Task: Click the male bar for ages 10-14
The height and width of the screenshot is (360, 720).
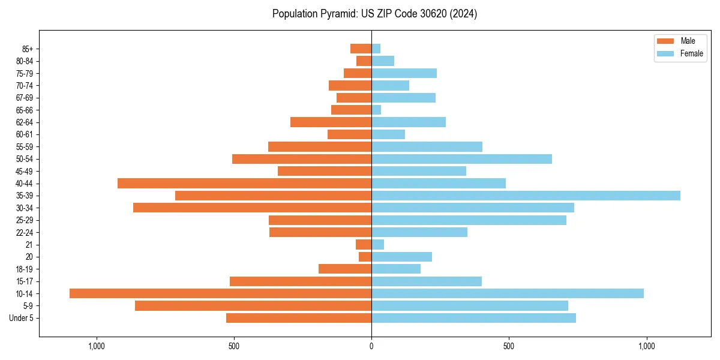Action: (220, 293)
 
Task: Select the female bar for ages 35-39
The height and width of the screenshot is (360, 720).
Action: (526, 196)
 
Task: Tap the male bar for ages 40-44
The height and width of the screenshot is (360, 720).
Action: (244, 183)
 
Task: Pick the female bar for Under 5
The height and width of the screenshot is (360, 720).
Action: (473, 318)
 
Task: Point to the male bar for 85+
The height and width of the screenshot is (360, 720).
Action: (361, 49)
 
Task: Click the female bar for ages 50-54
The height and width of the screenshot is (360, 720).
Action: (461, 159)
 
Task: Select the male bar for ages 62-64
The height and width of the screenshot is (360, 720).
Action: (331, 122)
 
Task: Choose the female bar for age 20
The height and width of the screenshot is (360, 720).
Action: (401, 257)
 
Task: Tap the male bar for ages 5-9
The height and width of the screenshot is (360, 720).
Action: (253, 305)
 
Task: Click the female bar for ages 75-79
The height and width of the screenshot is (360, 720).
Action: (404, 73)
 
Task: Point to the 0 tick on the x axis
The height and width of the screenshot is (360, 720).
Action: (371, 346)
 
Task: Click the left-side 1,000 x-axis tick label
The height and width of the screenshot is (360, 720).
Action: (97, 346)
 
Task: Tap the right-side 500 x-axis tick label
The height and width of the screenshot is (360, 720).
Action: (509, 346)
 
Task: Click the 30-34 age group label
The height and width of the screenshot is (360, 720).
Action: (25, 208)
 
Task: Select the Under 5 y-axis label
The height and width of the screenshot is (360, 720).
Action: (21, 318)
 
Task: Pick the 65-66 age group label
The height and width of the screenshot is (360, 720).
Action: (25, 110)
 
